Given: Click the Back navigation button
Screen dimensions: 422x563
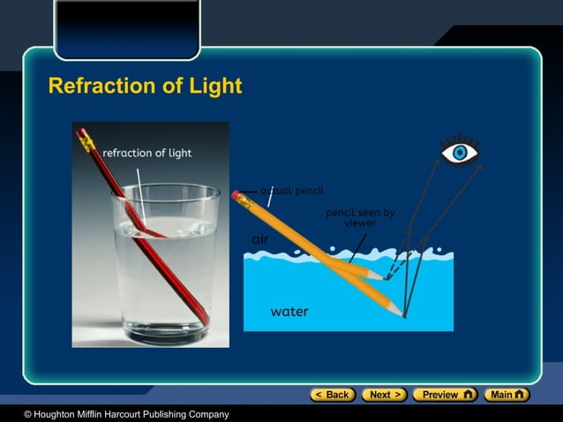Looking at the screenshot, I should coord(334,395).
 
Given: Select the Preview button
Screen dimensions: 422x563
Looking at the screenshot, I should coord(445,395).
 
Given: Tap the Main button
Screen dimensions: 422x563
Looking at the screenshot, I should coord(508,395).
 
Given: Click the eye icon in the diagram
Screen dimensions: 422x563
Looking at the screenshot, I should coord(460,153).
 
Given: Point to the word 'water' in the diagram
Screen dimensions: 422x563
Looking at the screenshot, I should coord(289,312).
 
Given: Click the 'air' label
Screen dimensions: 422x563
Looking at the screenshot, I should coord(260,239).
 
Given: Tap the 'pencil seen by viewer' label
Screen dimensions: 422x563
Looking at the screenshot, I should coord(360,217).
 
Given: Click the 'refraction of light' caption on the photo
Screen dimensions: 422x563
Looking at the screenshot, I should coord(146,153).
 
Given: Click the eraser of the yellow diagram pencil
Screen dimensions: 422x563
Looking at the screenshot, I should coord(236,194).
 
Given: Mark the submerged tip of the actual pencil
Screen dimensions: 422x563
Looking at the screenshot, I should coord(402,313).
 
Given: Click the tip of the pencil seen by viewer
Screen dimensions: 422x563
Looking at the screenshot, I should coord(382,278).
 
